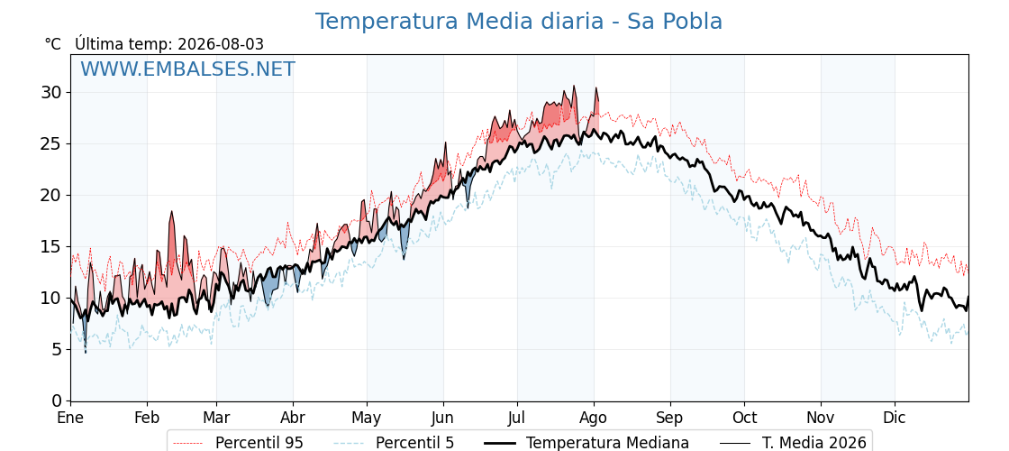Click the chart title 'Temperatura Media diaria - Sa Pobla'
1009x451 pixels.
pos(519,22)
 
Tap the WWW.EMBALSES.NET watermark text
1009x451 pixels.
pos(188,69)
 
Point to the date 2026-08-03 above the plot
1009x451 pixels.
pos(221,44)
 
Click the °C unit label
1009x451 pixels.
pos(53,44)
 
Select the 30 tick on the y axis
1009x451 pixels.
pos(52,92)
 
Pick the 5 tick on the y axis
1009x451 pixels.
pos(58,349)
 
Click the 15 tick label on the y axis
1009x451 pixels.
pos(52,246)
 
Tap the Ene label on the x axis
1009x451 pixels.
pos(70,418)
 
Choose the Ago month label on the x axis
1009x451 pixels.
pos(593,418)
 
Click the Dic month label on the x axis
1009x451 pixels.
pos(894,418)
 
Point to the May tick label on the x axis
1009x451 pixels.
pos(366,418)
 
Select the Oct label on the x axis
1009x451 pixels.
pos(744,418)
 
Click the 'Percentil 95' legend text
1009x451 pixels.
pos(259,443)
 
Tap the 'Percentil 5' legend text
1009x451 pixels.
pos(414,443)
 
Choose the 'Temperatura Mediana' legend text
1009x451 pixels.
pos(607,443)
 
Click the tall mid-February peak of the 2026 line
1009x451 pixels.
pos(172,211)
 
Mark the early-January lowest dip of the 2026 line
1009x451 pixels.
pos(85,352)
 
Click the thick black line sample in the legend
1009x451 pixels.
pos(499,443)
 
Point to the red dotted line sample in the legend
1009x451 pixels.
pos(187,443)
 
